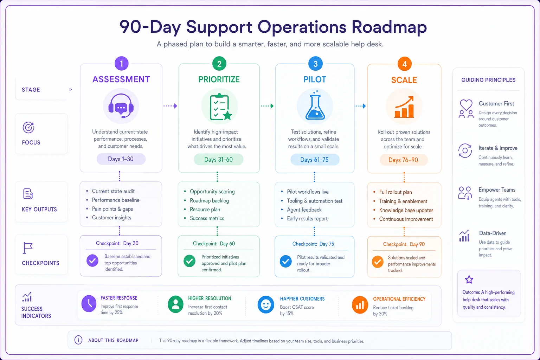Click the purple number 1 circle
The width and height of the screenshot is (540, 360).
tap(122, 64)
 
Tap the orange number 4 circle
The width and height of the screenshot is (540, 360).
tap(405, 64)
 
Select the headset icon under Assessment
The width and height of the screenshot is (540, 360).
tap(121, 106)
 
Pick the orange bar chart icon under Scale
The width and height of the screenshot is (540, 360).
tap(404, 107)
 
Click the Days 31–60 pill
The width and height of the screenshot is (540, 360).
tap(218, 159)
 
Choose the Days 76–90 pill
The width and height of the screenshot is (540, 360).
tap(403, 160)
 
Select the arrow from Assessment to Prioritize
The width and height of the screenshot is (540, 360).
tap(170, 106)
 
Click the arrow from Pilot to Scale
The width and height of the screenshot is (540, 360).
tap(360, 106)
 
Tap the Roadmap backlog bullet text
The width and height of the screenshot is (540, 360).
tap(209, 201)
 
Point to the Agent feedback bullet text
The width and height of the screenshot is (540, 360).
tap(304, 210)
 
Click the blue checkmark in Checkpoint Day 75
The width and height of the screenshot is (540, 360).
tap(286, 261)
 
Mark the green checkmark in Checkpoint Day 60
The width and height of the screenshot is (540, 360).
tap(189, 261)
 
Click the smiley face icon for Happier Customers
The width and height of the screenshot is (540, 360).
tap(266, 305)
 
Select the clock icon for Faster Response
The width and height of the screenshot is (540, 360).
tap(89, 304)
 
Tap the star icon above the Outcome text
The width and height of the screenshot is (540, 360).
tap(469, 279)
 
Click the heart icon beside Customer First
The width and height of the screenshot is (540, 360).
tap(466, 105)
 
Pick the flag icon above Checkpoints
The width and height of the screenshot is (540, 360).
tap(27, 248)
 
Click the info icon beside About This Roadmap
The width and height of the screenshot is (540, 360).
tap(78, 340)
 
